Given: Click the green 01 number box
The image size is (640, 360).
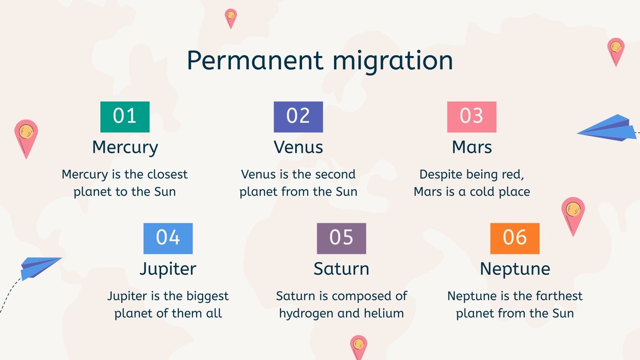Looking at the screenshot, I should pos(125,117).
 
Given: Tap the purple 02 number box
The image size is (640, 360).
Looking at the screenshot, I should pos(298,117).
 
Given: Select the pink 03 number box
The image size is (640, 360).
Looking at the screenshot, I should pos(472,117).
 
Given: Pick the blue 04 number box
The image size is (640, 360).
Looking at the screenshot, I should pos(168,238).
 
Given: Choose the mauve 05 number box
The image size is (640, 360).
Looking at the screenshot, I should pos(341,238).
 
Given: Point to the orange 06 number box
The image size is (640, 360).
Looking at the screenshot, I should pos(515,238).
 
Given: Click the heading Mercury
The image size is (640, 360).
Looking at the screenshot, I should pos(125,147).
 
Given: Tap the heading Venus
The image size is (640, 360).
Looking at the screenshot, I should pos(298,147).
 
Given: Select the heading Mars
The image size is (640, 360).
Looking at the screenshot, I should pos(472,147).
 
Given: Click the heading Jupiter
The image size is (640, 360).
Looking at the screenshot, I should pos(168,269).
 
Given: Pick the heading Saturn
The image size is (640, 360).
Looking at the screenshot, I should pos(341,269).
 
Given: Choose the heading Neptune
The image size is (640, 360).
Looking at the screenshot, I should pos(515,269).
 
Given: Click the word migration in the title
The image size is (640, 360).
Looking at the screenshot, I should pos(393,61).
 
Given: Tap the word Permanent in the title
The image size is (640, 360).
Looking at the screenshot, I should pos(255,61).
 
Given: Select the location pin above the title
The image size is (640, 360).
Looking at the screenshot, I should pos(231,18).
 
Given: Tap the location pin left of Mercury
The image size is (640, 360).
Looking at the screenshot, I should pos(26,136).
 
